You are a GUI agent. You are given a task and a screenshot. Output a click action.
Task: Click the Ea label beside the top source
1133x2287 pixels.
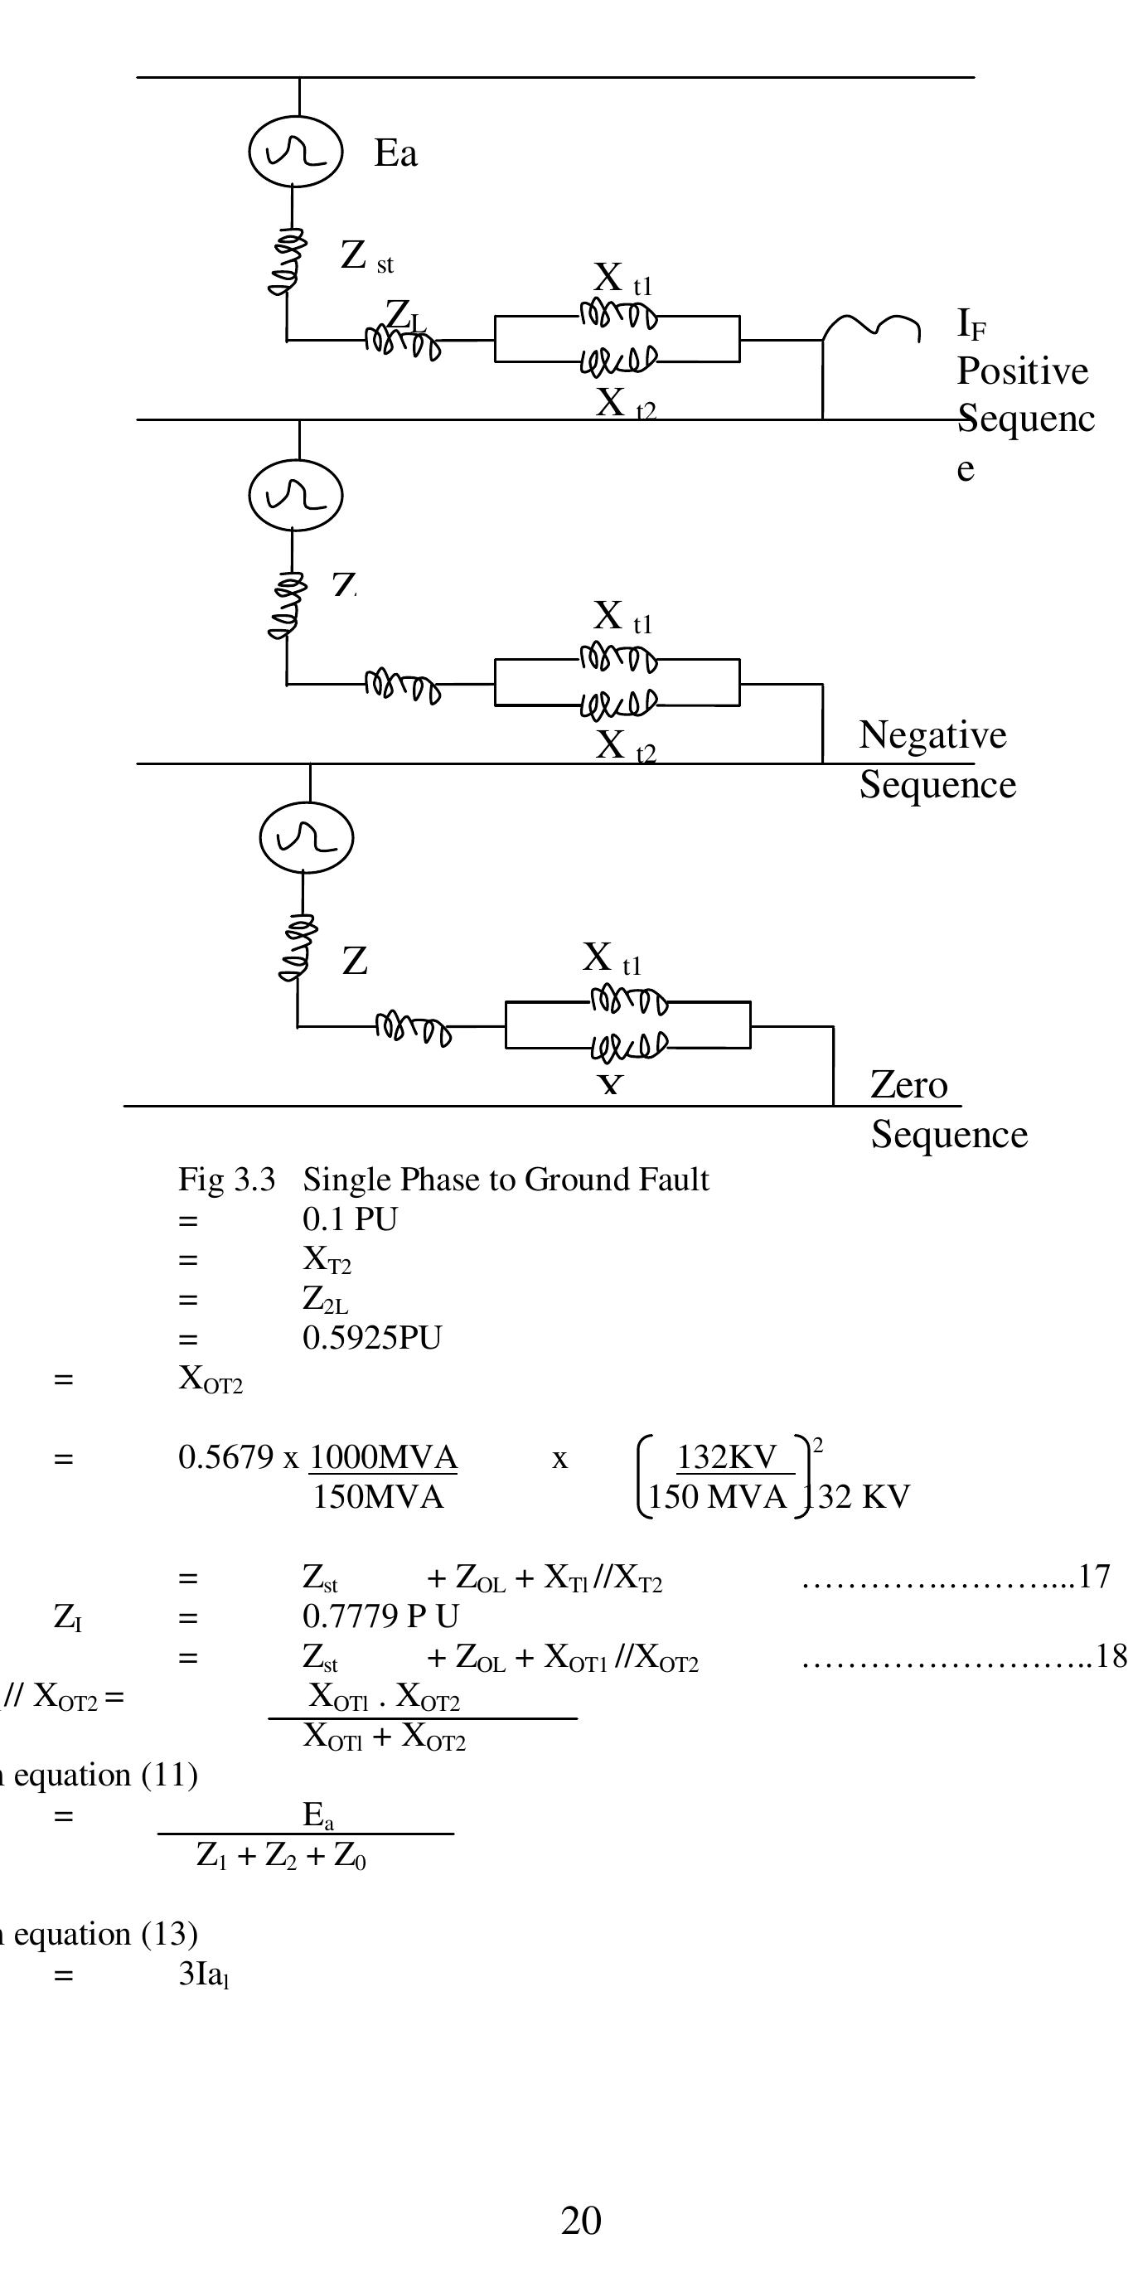[x=395, y=153]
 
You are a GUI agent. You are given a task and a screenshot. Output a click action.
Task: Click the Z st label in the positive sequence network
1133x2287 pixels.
[x=366, y=257]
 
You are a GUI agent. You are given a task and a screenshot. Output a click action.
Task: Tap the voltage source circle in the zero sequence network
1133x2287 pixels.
[x=307, y=838]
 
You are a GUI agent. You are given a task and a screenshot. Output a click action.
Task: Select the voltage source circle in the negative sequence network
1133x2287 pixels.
[x=296, y=496]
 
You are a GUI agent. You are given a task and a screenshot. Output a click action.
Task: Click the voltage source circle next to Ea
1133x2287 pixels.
[x=296, y=152]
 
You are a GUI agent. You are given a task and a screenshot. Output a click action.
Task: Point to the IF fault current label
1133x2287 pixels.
[x=971, y=324]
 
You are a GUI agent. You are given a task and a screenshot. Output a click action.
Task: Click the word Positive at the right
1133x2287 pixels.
[x=1022, y=371]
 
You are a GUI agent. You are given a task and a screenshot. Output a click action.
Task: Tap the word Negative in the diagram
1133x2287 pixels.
[x=932, y=735]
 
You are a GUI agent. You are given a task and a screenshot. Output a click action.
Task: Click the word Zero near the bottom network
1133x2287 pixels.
[x=908, y=1085]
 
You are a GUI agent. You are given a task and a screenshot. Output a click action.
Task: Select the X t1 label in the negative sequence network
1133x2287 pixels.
[x=622, y=616]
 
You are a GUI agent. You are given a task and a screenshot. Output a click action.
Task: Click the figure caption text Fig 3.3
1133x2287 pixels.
[x=226, y=1180]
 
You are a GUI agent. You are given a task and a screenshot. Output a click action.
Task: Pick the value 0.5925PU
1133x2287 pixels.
[x=371, y=1338]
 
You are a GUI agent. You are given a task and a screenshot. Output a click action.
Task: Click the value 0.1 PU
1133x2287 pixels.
[x=350, y=1220]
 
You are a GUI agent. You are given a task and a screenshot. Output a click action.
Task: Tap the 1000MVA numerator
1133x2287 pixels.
[x=383, y=1458]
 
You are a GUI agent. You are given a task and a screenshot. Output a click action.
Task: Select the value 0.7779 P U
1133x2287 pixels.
[x=380, y=1616]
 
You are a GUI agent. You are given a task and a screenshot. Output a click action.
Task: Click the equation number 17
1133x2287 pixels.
[x=1093, y=1577]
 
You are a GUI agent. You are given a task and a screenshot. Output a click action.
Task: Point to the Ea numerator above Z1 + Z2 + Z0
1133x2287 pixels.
[x=318, y=1815]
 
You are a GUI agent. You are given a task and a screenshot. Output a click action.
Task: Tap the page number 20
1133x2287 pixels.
[x=581, y=2222]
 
